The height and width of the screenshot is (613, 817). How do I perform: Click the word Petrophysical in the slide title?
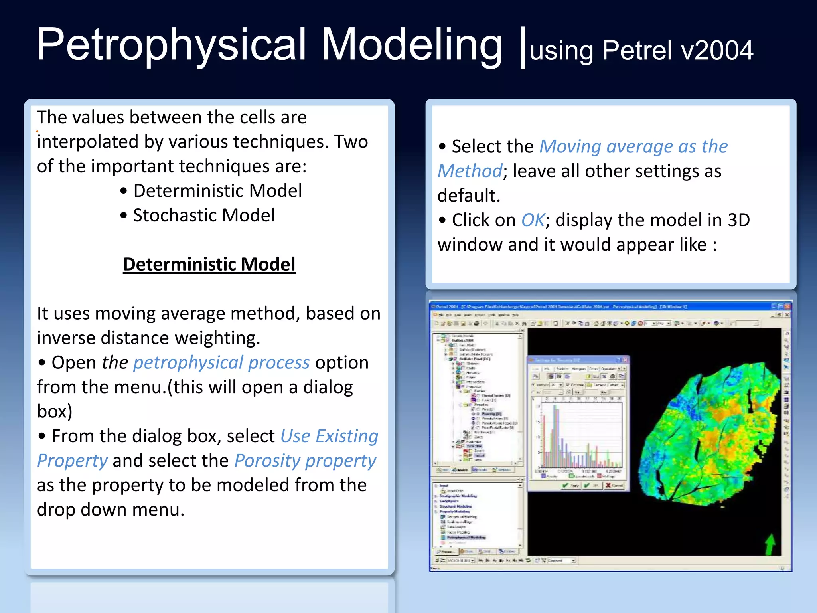[x=172, y=45]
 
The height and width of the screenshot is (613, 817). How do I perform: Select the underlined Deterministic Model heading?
[x=209, y=264]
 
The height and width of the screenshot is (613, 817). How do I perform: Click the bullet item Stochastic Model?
[x=203, y=216]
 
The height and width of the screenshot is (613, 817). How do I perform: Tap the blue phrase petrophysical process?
[x=221, y=362]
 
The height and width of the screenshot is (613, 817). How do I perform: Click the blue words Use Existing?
[x=329, y=436]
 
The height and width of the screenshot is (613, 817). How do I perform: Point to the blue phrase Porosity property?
[x=305, y=461]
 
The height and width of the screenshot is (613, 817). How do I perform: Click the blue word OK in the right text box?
[x=533, y=220]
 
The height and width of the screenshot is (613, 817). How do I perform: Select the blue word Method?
[x=470, y=171]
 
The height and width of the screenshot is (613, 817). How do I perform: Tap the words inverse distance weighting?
[x=148, y=338]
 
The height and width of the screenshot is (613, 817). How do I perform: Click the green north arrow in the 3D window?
[x=770, y=544]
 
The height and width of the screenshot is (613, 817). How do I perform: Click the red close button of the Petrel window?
[x=787, y=306]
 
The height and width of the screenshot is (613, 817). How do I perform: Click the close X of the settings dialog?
[x=625, y=360]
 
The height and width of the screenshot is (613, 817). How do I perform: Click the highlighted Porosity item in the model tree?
[x=491, y=414]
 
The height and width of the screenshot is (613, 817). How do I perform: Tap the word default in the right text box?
[x=469, y=196]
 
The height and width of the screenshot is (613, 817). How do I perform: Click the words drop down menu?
[x=111, y=510]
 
